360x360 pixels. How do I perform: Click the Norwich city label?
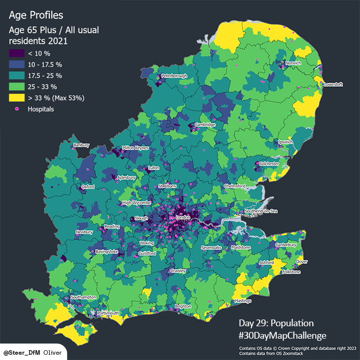293,63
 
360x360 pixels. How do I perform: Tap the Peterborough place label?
174,76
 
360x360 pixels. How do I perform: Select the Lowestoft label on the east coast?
333,84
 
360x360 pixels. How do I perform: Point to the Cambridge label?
205,125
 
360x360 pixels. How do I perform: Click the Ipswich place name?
286,142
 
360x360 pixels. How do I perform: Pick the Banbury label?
82,145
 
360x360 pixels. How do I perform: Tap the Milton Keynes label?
135,148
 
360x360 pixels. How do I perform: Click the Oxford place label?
87,187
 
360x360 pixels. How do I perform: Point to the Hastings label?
243,301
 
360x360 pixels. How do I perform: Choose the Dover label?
301,261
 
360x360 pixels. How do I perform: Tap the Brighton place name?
183,306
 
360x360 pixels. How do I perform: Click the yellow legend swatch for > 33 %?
17,98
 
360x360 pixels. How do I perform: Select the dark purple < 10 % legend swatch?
17,53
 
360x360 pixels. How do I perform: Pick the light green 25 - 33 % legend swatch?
17,86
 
